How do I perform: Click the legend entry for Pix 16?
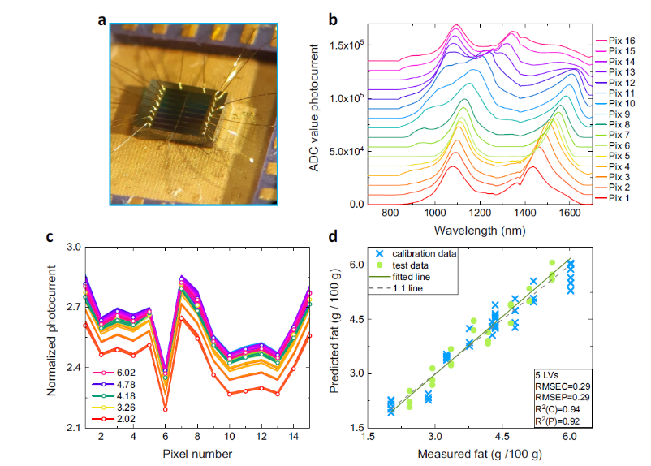[615, 41]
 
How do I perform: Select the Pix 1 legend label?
[612, 198]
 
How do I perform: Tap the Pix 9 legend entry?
[612, 114]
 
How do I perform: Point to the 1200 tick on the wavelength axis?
[480, 213]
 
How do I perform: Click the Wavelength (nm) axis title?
[480, 230]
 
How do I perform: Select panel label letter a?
[101, 20]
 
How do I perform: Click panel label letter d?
[333, 236]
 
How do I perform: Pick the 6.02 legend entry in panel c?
[114, 373]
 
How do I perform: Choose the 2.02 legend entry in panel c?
[114, 419]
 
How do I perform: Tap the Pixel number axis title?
[197, 454]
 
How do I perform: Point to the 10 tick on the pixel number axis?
[229, 437]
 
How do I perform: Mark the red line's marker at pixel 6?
[166, 409]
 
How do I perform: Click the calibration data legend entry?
[416, 253]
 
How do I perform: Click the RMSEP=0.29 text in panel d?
[563, 397]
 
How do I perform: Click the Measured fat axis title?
[480, 454]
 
